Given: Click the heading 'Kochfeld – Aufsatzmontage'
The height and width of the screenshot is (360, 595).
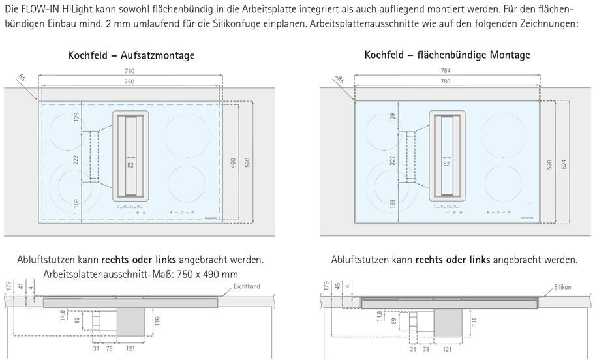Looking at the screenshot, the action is [130, 55].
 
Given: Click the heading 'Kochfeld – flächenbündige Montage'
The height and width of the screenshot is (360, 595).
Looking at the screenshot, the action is [447, 55].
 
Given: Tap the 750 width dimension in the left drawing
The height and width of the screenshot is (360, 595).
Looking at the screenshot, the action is [130, 82].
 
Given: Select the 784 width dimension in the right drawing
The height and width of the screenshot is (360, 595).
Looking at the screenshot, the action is [446, 71].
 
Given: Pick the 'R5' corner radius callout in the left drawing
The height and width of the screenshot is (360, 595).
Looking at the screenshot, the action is [23, 80].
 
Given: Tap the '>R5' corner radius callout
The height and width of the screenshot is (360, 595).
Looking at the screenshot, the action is [338, 80].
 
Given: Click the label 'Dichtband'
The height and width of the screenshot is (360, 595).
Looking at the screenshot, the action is [247, 287].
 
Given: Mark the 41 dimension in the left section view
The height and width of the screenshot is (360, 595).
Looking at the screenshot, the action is [22, 287].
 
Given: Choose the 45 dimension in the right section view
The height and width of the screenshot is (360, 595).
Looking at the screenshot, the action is [337, 287].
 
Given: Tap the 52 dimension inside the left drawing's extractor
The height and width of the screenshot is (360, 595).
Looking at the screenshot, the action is [130, 166].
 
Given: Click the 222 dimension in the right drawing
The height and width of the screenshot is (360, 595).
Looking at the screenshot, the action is [392, 160].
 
